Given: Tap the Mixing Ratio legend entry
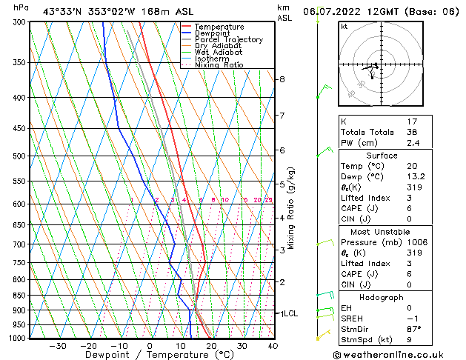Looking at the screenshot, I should point(219,65).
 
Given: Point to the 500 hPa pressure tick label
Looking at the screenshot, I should point(20,156).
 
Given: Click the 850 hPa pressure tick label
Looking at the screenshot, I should point(20,296).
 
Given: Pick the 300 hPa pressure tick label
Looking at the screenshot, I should point(20,22).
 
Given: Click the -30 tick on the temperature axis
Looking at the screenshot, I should point(58,345).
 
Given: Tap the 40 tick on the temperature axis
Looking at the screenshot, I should point(273,345).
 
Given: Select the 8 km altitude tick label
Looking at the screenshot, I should point(282,79).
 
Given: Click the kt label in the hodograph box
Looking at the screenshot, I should point(344,26).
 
